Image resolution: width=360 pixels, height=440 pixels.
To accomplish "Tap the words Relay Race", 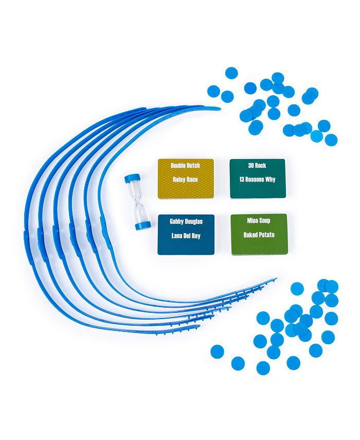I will coord(185,180).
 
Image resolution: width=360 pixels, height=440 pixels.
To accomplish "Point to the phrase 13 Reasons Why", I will coord(257,180).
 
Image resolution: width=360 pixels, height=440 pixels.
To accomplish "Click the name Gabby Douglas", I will coord(186,222).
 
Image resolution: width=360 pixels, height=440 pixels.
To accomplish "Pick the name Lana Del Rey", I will coord(186,235).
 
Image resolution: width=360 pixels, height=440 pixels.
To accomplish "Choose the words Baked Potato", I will coord(259,235).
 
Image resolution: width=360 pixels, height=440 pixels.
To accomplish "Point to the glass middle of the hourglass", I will coord(137,202).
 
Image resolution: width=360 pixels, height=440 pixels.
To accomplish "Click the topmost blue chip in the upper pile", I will coord(231,73).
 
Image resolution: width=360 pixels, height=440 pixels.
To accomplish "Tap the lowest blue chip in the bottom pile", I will coord(263,368).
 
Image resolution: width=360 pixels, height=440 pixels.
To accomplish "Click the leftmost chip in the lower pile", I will coord(217,351).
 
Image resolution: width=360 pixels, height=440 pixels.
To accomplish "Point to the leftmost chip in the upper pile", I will coord(213,92).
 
